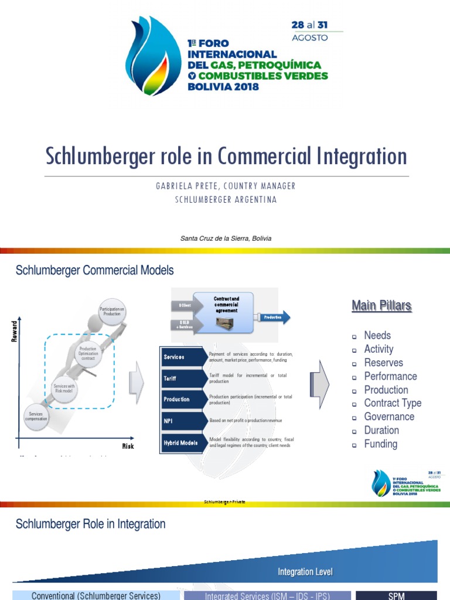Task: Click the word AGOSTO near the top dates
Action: pyautogui.click(x=310, y=37)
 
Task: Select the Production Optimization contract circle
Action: pyautogui.click(x=88, y=354)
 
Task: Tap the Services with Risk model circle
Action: pyautogui.click(x=64, y=389)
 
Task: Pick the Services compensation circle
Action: pyautogui.click(x=36, y=417)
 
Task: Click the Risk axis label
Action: pyautogui.click(x=128, y=446)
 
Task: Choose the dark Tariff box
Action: pyautogui.click(x=182, y=379)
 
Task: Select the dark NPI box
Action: pyautogui.click(x=182, y=421)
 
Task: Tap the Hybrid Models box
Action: pyautogui.click(x=182, y=443)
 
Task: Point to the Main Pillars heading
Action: pyautogui.click(x=381, y=305)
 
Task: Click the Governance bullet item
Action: pyautogui.click(x=389, y=417)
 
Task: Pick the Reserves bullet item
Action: pyautogui.click(x=383, y=363)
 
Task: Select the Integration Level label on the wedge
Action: pyautogui.click(x=305, y=572)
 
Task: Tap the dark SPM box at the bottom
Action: pyautogui.click(x=396, y=596)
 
